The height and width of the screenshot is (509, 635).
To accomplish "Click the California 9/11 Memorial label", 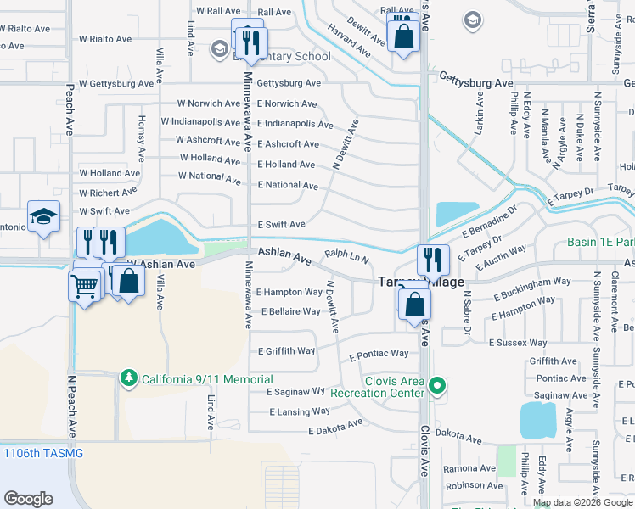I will [x=207, y=379].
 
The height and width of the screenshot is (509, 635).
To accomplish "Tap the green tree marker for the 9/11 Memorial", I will [x=128, y=377].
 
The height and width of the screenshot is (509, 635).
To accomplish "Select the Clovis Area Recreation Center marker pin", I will [x=438, y=387].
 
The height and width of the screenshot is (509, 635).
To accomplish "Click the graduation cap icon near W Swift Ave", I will [x=43, y=216].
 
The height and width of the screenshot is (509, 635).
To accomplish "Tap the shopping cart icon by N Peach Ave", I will [x=84, y=287].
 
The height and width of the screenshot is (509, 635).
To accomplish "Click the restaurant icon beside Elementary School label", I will [x=251, y=42].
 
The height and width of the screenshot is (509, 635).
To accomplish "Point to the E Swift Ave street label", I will [x=281, y=225].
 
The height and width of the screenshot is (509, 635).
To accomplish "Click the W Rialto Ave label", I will [x=105, y=39].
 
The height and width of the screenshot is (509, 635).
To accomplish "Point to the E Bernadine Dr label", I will [x=489, y=221].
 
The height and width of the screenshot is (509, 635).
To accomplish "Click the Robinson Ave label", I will [x=469, y=486].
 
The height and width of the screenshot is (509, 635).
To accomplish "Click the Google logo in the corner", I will [x=28, y=499].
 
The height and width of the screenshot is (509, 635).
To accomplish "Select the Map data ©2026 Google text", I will [x=582, y=502].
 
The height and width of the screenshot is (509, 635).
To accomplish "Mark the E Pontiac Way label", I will [x=379, y=355].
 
